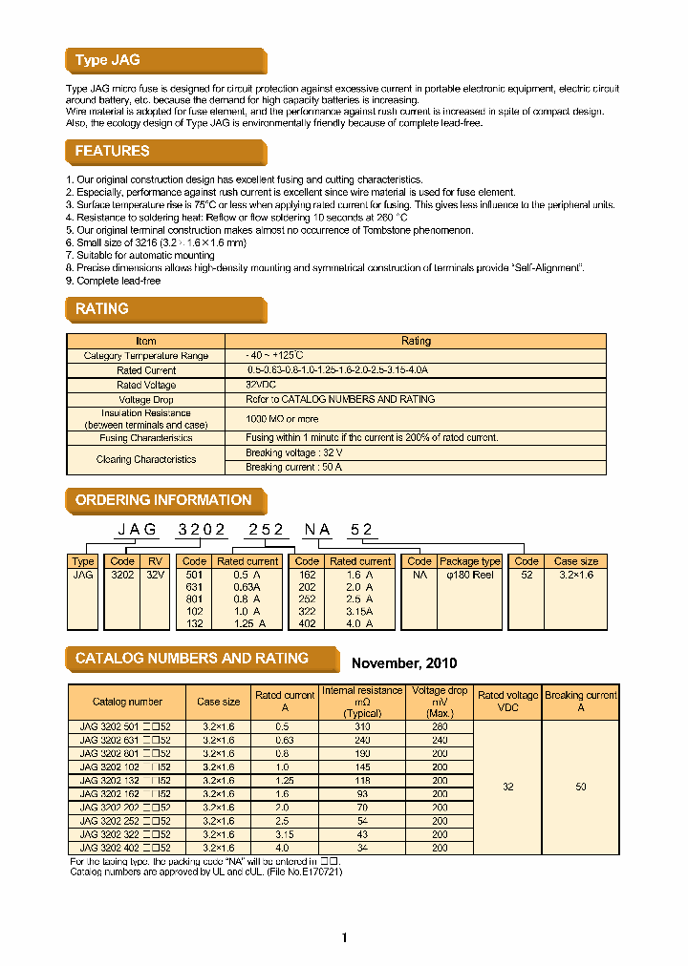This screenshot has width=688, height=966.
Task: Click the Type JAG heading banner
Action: [x=108, y=60]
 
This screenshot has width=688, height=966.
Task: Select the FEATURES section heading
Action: [x=113, y=151]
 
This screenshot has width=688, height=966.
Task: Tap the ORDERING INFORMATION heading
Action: [x=163, y=500]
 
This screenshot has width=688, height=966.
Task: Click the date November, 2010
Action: [x=404, y=663]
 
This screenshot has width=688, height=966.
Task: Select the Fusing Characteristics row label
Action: [x=145, y=438]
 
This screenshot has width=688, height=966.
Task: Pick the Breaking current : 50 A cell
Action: [x=293, y=468]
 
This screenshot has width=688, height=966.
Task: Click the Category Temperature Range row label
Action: [x=145, y=356]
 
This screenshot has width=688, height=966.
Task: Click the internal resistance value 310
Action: [x=362, y=726]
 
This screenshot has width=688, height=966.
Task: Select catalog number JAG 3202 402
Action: [x=125, y=847]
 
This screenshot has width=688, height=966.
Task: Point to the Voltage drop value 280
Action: [x=440, y=726]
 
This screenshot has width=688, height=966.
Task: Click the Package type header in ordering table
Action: [x=469, y=561]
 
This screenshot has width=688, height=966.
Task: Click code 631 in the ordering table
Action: [x=194, y=588]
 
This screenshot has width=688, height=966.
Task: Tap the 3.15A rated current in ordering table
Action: [x=359, y=612]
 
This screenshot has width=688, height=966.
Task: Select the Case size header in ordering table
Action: [x=576, y=561]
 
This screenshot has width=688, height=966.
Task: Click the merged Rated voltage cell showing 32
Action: [x=507, y=787]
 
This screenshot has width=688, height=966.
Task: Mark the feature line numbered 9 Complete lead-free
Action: [x=113, y=281]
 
